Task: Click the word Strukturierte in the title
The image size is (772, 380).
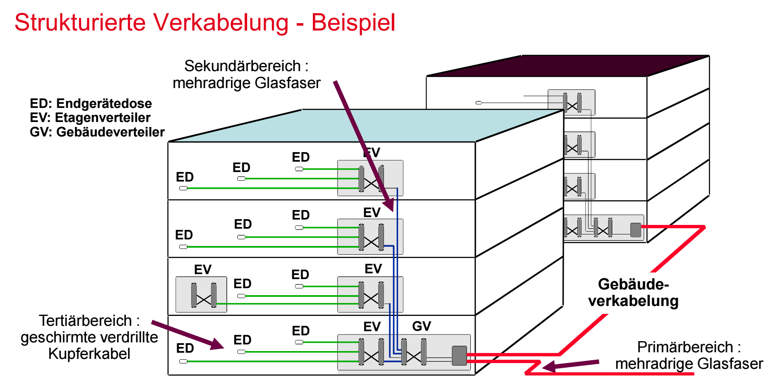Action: (80, 22)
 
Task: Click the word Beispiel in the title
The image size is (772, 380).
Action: (353, 23)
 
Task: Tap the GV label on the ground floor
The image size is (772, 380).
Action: (422, 326)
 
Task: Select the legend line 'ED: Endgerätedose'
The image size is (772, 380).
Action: (91, 103)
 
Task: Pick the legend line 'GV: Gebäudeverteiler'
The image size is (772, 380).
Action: (97, 132)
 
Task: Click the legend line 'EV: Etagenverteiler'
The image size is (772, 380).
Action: (90, 117)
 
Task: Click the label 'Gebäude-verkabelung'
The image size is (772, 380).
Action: (633, 292)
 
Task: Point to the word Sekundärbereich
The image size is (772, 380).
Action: (242, 66)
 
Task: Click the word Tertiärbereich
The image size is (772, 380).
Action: (85, 320)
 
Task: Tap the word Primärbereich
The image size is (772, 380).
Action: (685, 347)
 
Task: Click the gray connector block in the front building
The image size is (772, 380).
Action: (459, 356)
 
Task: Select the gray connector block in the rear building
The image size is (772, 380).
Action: (636, 230)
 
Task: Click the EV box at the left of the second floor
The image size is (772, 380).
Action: (201, 294)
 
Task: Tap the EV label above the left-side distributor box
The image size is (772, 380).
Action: (203, 270)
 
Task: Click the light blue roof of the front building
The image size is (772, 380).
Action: (366, 126)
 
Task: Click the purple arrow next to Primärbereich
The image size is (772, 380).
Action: (570, 365)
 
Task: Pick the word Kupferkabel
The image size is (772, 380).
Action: (89, 354)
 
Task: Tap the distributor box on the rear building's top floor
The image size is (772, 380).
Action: (572, 102)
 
